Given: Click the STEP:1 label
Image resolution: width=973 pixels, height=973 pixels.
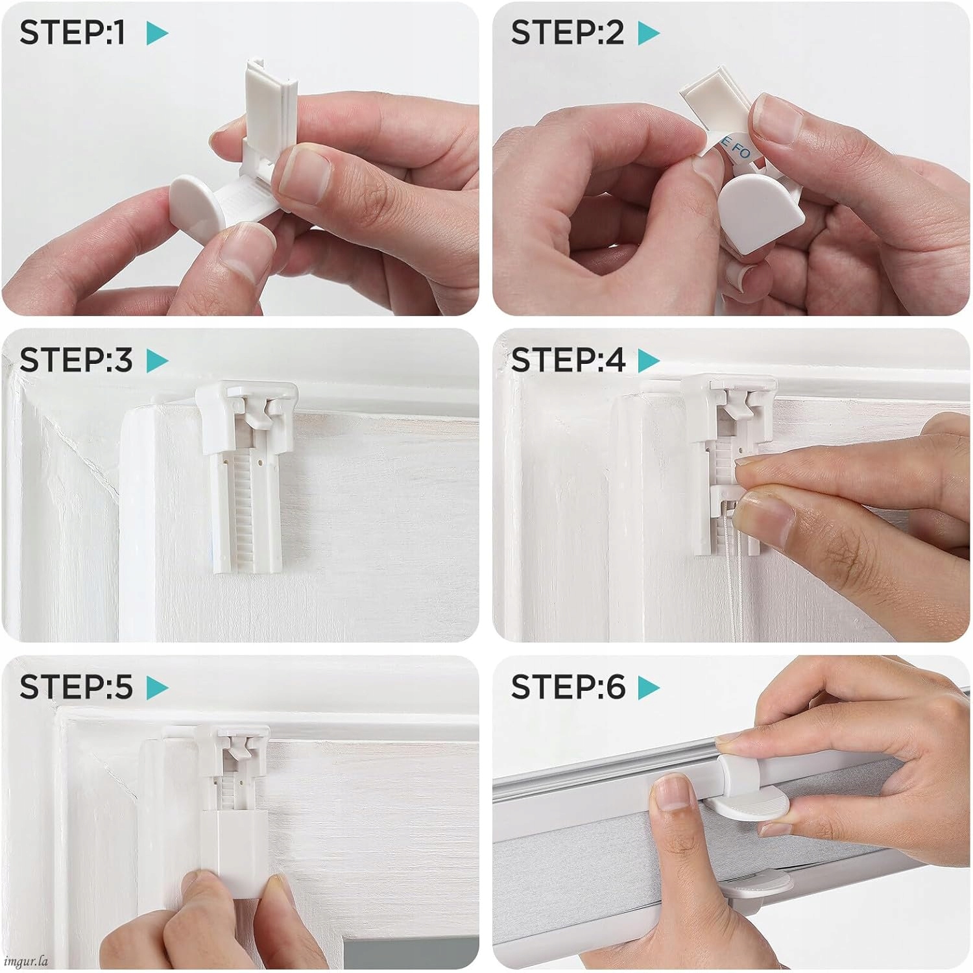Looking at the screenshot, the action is pos(73,32).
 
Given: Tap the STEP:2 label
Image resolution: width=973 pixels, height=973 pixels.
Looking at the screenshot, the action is pos(567,32).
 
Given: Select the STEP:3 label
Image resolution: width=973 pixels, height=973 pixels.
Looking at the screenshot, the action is pos(76,360).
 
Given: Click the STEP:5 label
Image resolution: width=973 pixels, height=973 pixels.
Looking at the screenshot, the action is pos(76,687).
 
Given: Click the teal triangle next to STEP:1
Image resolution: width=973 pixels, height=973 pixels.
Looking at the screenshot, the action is pos(157,33).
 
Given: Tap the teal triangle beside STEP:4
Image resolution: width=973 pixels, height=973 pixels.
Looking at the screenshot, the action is pos(649,361).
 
